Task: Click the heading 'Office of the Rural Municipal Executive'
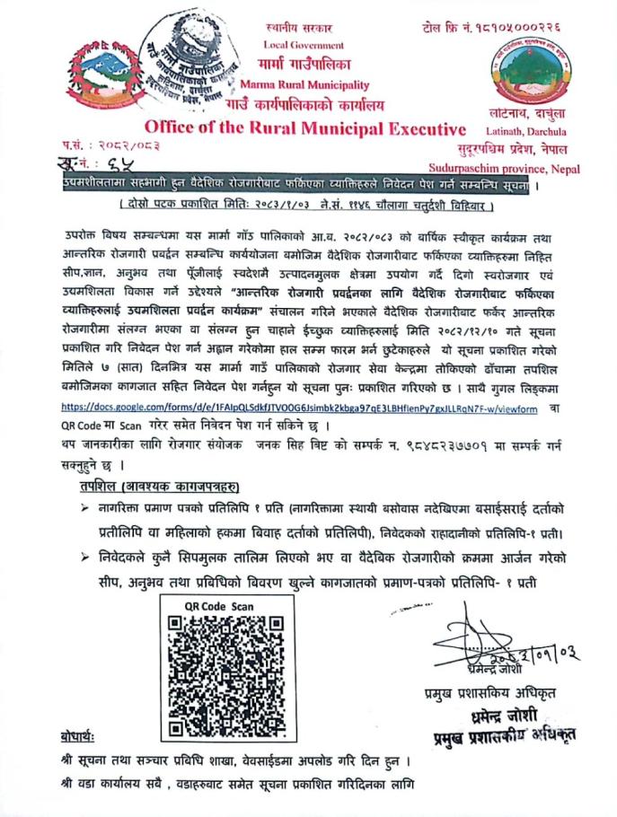pos(305,127)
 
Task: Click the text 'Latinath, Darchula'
pos(531,127)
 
